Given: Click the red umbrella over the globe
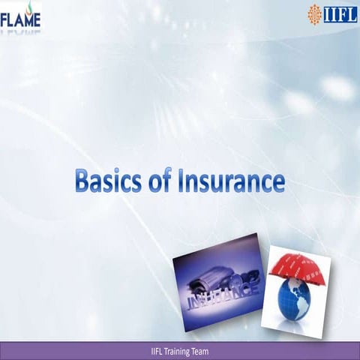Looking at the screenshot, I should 299,267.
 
